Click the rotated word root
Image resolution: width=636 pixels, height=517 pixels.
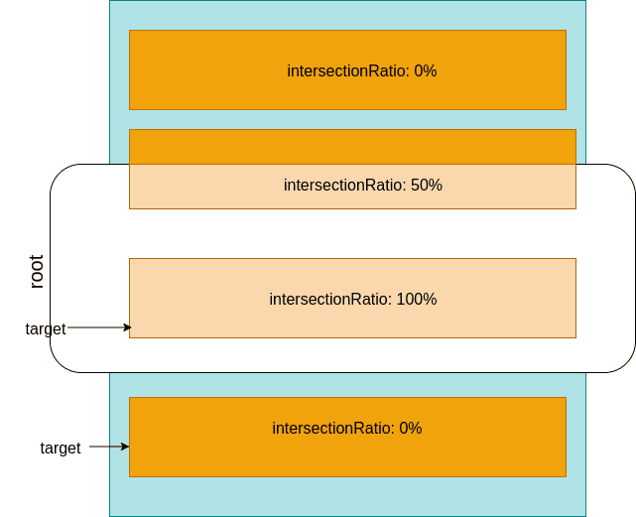click(37, 272)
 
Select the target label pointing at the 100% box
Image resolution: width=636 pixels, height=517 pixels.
click(46, 329)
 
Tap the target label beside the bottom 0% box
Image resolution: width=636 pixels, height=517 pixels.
click(61, 449)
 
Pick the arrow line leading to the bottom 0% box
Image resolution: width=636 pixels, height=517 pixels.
click(106, 447)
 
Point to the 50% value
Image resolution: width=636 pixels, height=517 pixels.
click(426, 186)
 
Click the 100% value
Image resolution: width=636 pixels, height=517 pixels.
click(416, 300)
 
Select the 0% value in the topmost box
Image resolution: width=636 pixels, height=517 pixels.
click(425, 71)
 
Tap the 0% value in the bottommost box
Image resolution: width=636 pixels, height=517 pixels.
click(410, 429)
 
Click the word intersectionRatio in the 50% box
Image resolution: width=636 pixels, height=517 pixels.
click(344, 186)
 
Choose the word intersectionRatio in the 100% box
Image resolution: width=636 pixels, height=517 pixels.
click(330, 300)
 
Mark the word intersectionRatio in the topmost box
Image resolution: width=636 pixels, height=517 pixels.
click(348, 71)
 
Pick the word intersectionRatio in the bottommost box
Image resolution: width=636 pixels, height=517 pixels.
click(333, 429)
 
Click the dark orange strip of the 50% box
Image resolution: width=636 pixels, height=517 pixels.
click(352, 147)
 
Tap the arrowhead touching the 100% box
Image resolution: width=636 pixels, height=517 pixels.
click(127, 327)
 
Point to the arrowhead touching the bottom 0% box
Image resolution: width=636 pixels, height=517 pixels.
click(125, 447)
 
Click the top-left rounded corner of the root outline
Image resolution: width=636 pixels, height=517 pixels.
click(59, 173)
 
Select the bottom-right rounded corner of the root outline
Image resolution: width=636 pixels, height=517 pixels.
click(627, 364)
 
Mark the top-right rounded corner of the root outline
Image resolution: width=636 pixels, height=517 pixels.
click(627, 173)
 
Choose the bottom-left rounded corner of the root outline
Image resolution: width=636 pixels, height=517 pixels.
click(59, 364)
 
